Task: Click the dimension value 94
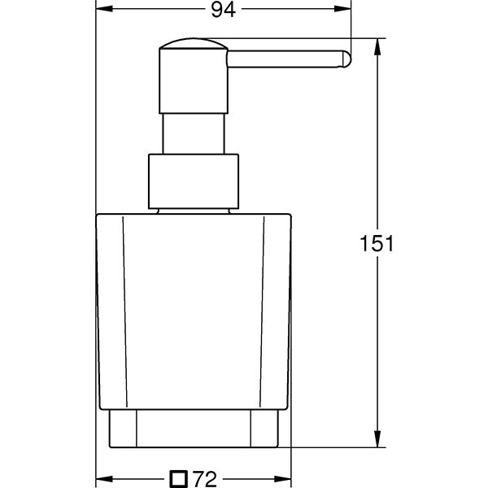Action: coord(223,10)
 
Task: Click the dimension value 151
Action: coord(377,243)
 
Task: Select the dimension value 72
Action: coord(204,479)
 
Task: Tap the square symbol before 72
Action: coord(179,479)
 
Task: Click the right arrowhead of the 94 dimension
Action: coord(342,9)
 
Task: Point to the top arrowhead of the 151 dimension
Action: coord(377,46)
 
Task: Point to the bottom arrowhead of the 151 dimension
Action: coord(377,439)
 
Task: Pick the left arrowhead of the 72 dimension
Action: coord(104,479)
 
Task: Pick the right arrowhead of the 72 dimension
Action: coord(282,479)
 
